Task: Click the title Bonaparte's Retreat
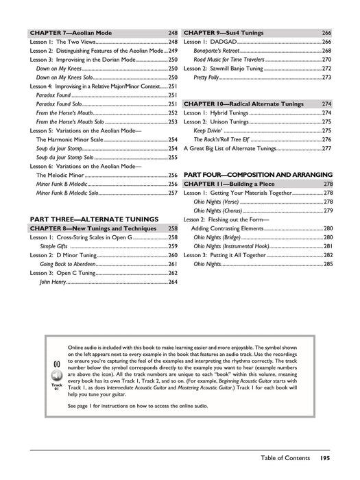218,51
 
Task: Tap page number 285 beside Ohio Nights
327,263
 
